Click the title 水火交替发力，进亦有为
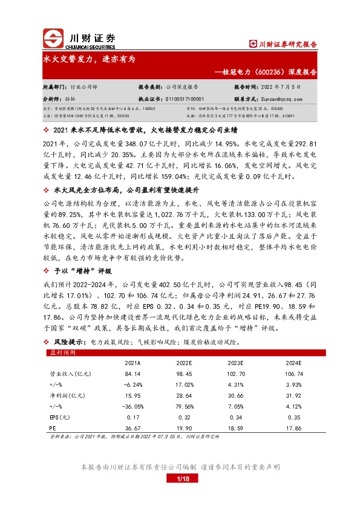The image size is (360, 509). click(84, 60)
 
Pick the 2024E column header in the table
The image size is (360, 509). click(294, 362)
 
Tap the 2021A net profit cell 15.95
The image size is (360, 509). click(134, 395)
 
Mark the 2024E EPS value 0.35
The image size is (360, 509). click(294, 417)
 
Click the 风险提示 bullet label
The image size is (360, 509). click(66, 342)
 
